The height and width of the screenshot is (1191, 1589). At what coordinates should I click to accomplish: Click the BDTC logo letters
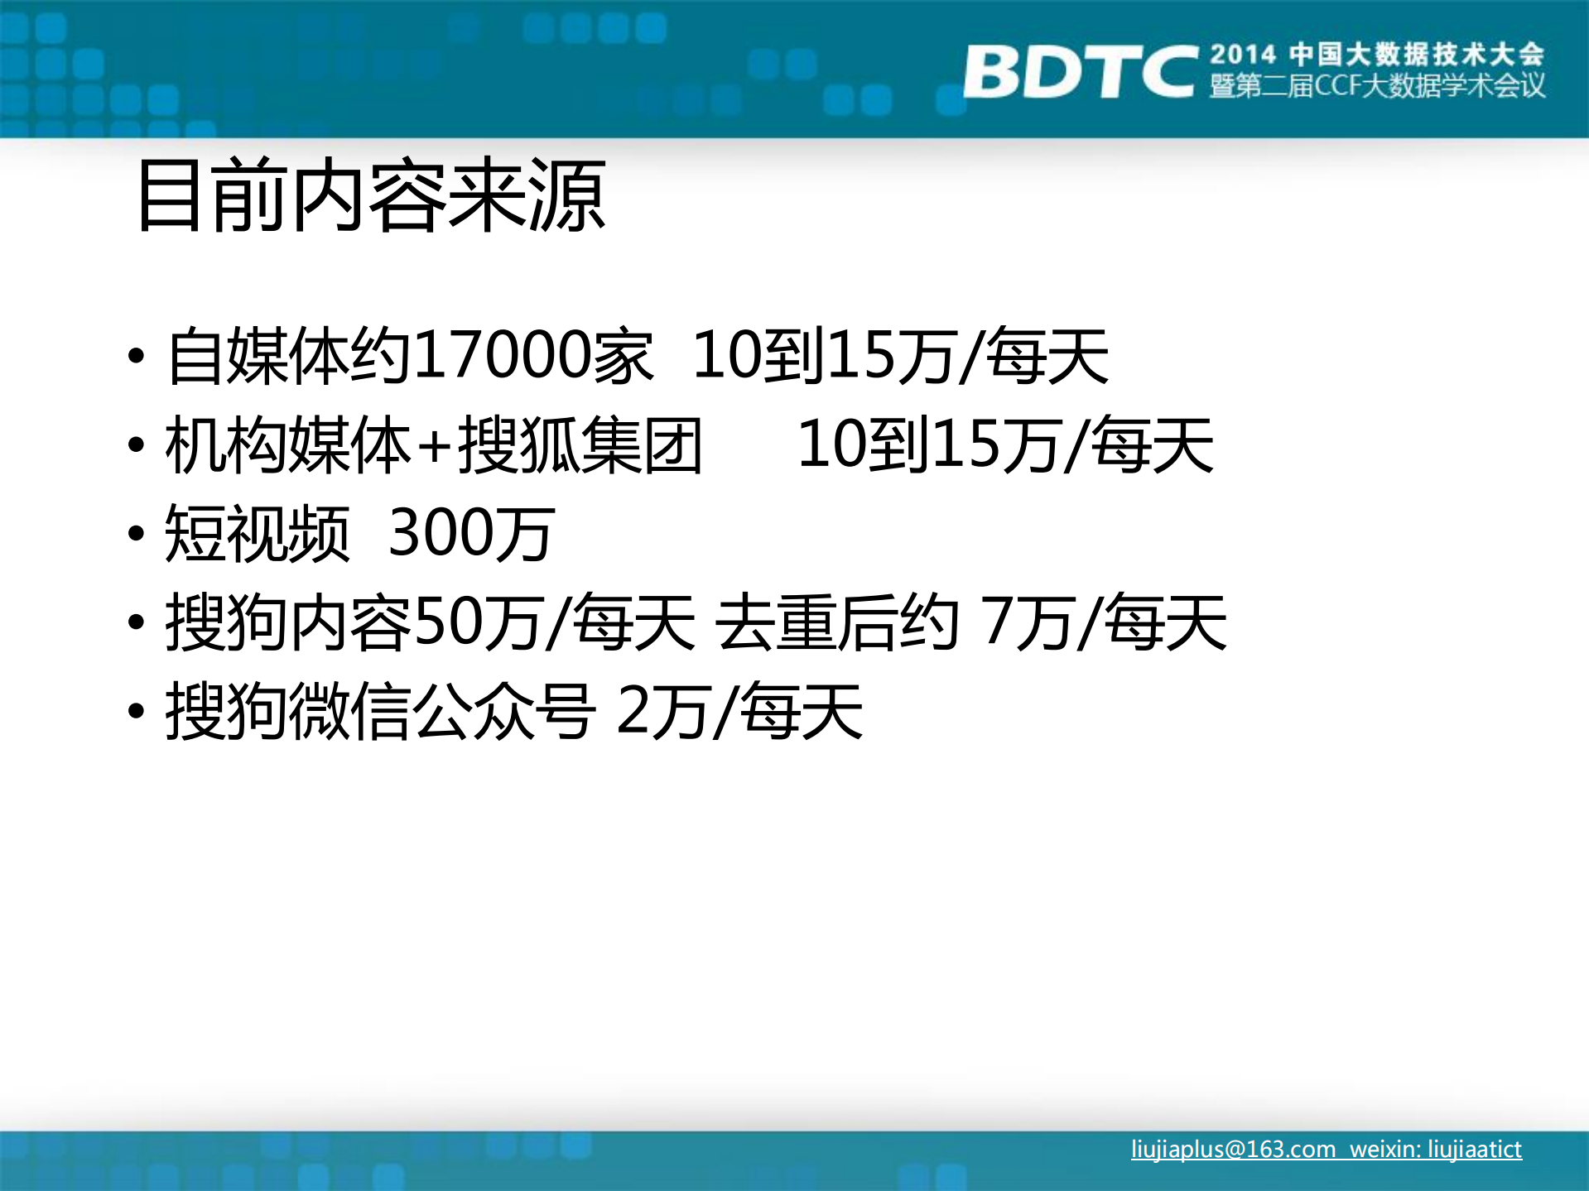[1079, 72]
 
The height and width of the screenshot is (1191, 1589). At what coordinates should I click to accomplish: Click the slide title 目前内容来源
[371, 195]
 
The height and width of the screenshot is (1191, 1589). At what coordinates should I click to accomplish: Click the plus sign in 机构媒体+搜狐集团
[434, 446]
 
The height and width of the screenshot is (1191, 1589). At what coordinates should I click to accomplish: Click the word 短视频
[258, 534]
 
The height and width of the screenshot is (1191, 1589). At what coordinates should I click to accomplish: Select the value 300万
[470, 534]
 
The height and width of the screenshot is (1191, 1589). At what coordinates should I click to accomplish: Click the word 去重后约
[837, 622]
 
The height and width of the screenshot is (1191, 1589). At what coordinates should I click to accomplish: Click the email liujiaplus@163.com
[1233, 1149]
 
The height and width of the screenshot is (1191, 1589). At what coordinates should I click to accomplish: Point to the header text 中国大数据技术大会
[1416, 55]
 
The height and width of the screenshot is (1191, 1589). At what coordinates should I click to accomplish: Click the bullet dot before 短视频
[137, 534]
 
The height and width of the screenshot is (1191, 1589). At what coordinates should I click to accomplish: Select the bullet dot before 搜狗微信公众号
[137, 711]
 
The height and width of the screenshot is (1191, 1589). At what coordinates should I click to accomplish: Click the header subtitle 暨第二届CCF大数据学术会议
[1377, 86]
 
